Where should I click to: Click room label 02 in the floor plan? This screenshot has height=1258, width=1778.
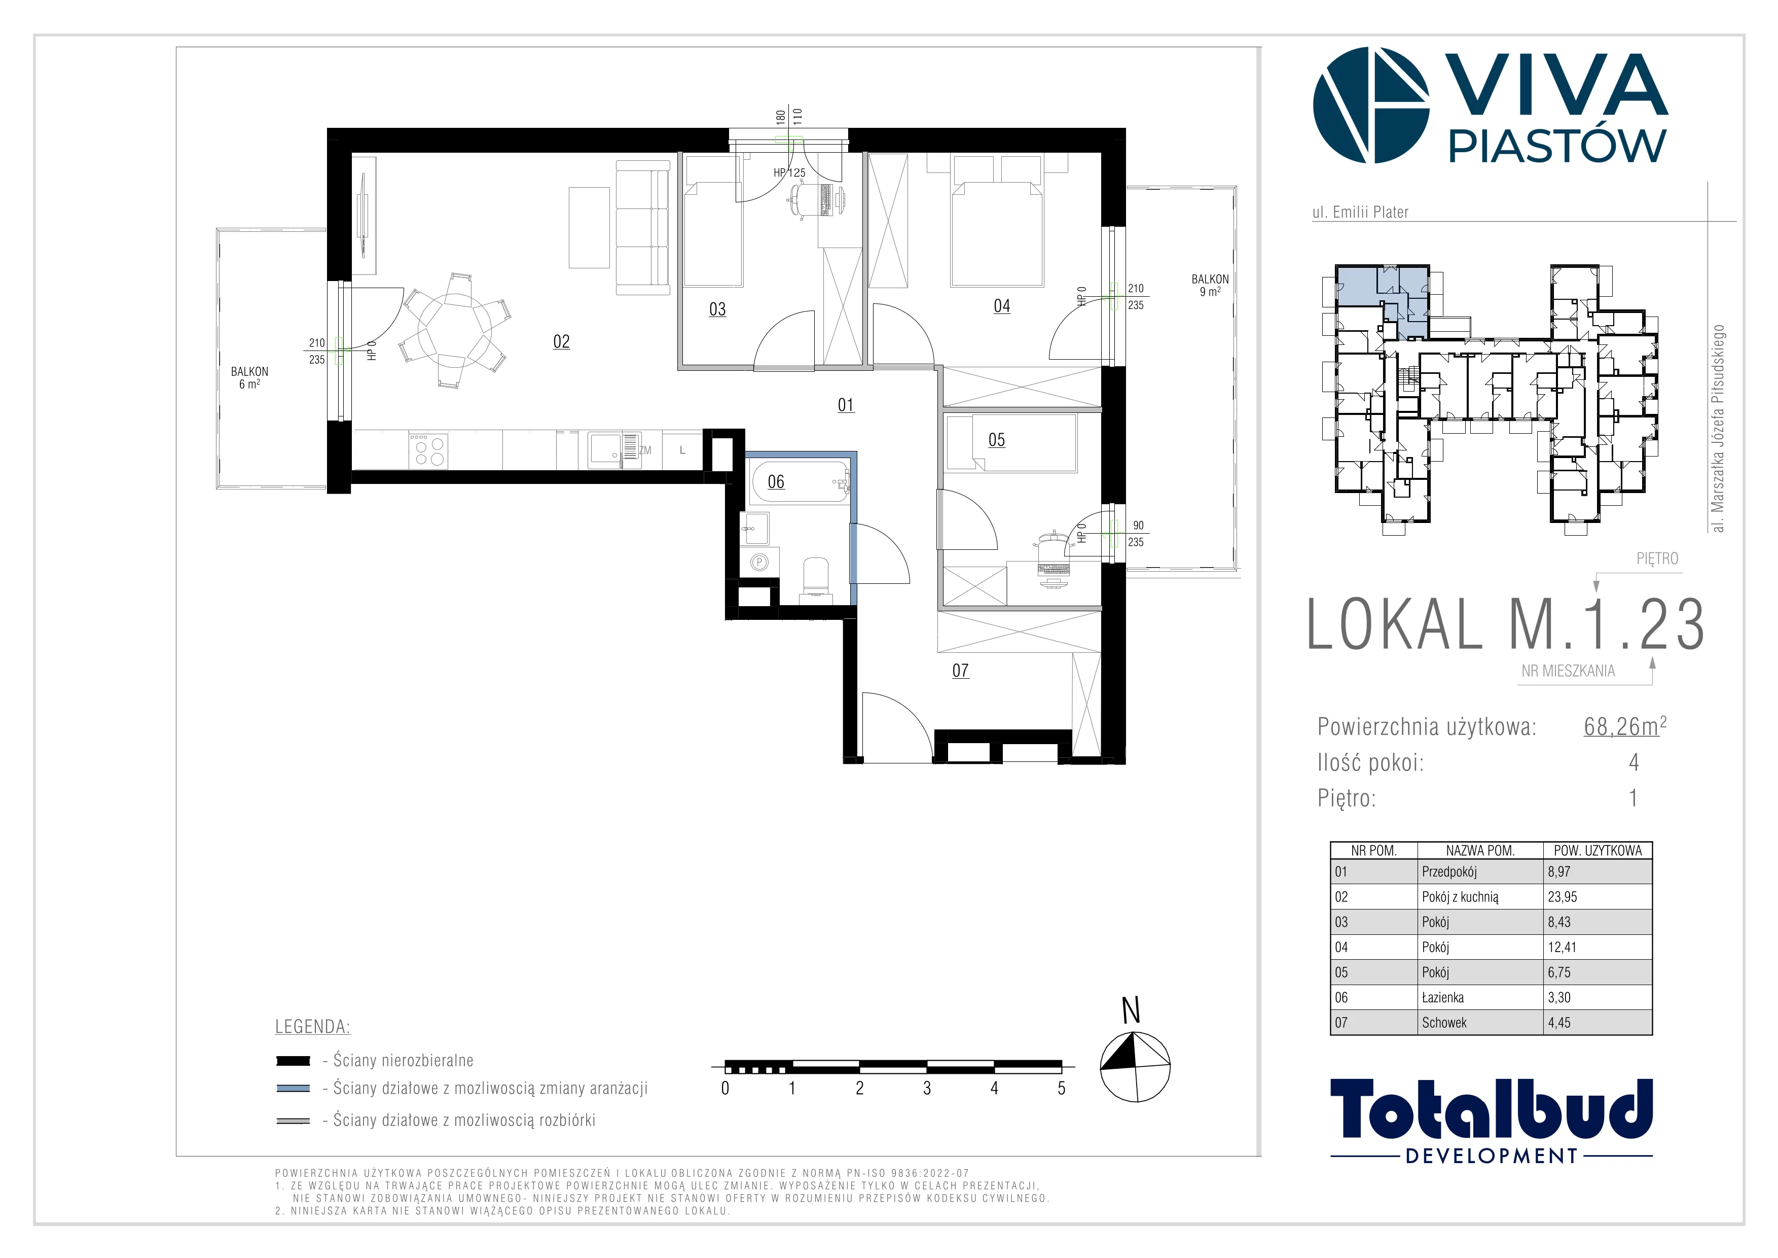coord(561,341)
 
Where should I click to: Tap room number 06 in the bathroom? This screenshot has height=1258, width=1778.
coord(776,482)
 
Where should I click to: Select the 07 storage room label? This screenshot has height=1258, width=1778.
coord(960,671)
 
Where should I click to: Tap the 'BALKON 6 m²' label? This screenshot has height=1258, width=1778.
coord(249,378)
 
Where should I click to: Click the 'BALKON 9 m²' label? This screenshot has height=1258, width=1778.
coord(1210,285)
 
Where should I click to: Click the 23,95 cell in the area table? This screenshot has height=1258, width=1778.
coord(1562,897)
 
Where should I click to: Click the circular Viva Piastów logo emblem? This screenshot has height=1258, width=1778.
coord(1371,106)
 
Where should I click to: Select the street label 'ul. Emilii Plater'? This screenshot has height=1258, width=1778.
coord(1360,212)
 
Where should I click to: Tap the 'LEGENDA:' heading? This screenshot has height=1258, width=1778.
coord(313,1027)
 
